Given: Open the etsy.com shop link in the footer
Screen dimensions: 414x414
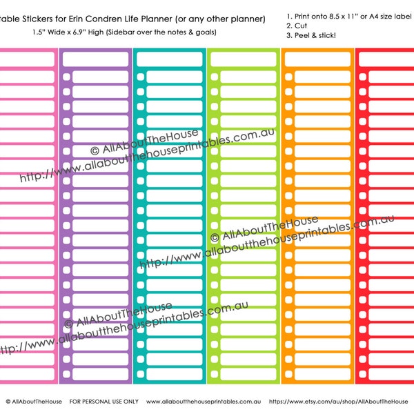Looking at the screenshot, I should [x=338, y=401].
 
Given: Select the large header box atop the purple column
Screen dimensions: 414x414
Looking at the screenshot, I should [x=95, y=59].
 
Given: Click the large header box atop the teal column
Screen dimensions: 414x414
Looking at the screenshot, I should [x=169, y=59].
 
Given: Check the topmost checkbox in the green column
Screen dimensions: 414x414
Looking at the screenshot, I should [x=215, y=77].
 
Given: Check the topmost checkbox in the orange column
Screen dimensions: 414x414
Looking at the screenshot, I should [x=288, y=77].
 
